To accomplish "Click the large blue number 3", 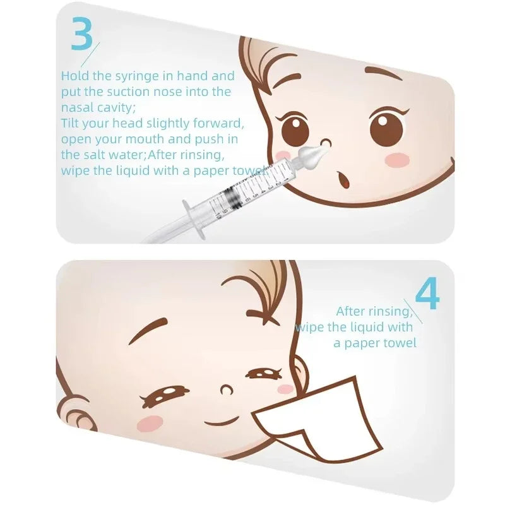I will (x=81, y=35).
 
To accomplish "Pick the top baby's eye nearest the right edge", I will (x=386, y=128).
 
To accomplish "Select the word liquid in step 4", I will (x=364, y=327).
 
